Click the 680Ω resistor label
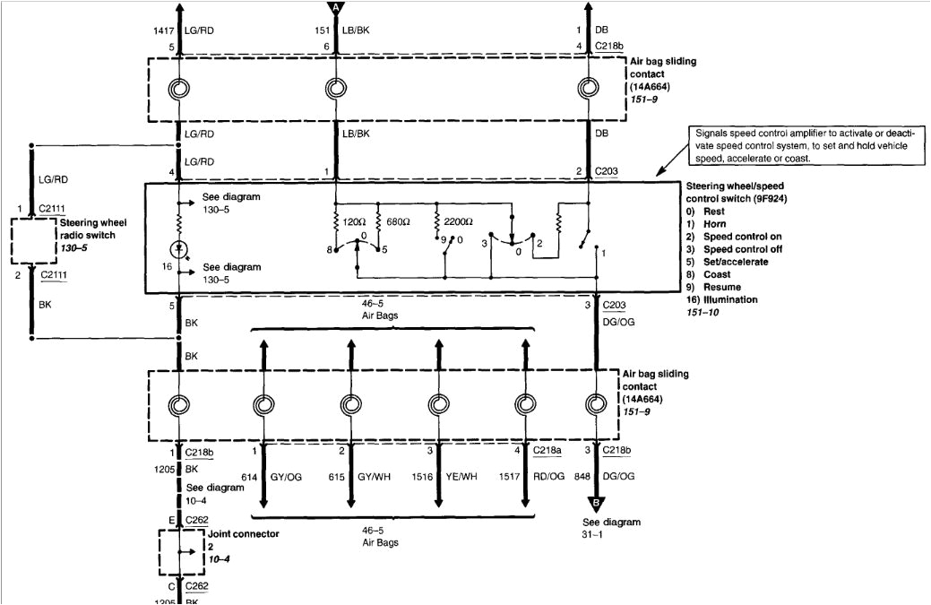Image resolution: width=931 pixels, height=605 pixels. point(396,220)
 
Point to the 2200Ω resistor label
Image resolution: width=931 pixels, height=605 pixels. point(458,220)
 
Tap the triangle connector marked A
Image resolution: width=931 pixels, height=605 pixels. point(336,7)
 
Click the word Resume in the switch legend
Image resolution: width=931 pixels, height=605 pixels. point(722,287)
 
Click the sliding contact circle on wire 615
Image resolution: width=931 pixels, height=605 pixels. point(350,403)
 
